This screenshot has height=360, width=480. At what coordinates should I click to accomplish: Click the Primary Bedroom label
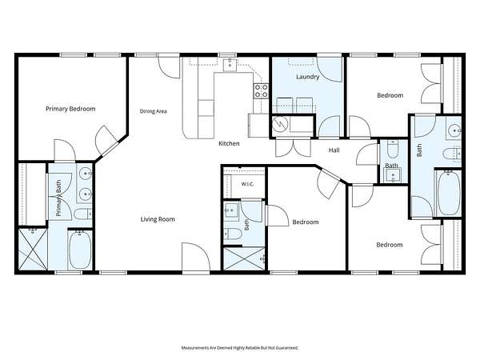pyautogui.click(x=70, y=109)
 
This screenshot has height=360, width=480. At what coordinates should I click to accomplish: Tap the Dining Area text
pyautogui.click(x=153, y=111)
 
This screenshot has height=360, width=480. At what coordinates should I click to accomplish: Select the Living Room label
pyautogui.click(x=158, y=219)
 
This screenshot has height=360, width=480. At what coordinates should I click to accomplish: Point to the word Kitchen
pyautogui.click(x=229, y=143)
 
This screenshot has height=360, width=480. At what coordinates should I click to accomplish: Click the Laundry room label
pyautogui.click(x=308, y=77)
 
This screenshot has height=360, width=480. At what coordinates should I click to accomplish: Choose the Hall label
pyautogui.click(x=334, y=150)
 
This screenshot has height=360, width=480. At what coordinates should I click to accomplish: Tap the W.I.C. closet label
pyautogui.click(x=247, y=184)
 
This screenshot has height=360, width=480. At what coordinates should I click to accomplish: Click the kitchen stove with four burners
pyautogui.click(x=261, y=91)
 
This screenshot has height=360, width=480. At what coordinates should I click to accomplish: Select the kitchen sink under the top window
pyautogui.click(x=230, y=65)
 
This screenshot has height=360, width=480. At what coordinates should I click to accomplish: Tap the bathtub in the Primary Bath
pyautogui.click(x=80, y=250)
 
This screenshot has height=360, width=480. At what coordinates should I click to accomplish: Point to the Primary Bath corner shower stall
pyautogui.click(x=33, y=249)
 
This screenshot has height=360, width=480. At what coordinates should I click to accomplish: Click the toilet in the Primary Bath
pyautogui.click(x=83, y=214)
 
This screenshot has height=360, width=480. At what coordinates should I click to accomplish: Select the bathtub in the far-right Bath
pyautogui.click(x=449, y=193)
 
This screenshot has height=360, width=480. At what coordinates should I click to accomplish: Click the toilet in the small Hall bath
pyautogui.click(x=393, y=149)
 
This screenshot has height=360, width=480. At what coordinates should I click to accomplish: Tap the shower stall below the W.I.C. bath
pyautogui.click(x=244, y=258)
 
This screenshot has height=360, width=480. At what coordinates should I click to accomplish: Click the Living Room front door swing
pyautogui.click(x=196, y=257)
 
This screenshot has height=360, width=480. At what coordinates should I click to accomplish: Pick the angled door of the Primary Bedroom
pyautogui.click(x=106, y=140)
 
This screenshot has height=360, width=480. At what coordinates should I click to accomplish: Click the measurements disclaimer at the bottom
pyautogui.click(x=240, y=348)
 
